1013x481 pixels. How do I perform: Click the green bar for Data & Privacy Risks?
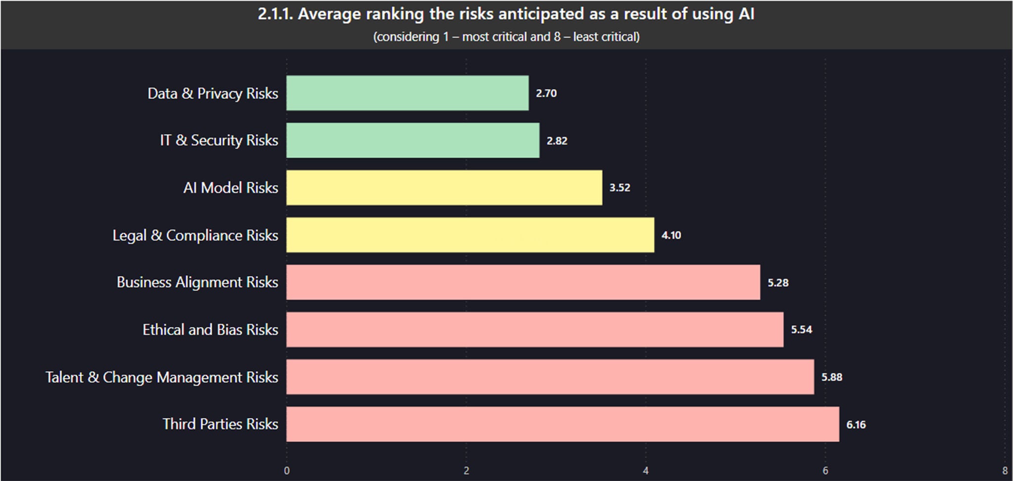407,93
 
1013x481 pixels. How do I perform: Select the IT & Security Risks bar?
413,141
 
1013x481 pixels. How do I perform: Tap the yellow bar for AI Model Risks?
444,188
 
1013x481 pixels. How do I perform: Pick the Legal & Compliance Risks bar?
470,235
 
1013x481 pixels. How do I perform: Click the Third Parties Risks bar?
562,424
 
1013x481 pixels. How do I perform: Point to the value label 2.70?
546,93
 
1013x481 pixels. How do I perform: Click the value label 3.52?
619,188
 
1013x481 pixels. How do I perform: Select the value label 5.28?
778,283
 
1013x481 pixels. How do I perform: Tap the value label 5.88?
831,377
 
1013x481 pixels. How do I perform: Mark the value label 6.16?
856,425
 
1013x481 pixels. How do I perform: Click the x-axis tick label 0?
287,471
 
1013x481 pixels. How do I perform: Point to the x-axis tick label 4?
645,471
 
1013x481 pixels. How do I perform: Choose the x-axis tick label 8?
1005,471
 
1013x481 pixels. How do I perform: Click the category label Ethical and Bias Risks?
210,330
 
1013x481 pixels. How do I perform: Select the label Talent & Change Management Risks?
162,377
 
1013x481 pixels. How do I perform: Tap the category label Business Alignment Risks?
197,282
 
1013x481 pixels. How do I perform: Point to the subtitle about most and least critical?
506,37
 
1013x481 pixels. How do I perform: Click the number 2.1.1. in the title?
276,14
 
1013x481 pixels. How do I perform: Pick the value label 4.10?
671,235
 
